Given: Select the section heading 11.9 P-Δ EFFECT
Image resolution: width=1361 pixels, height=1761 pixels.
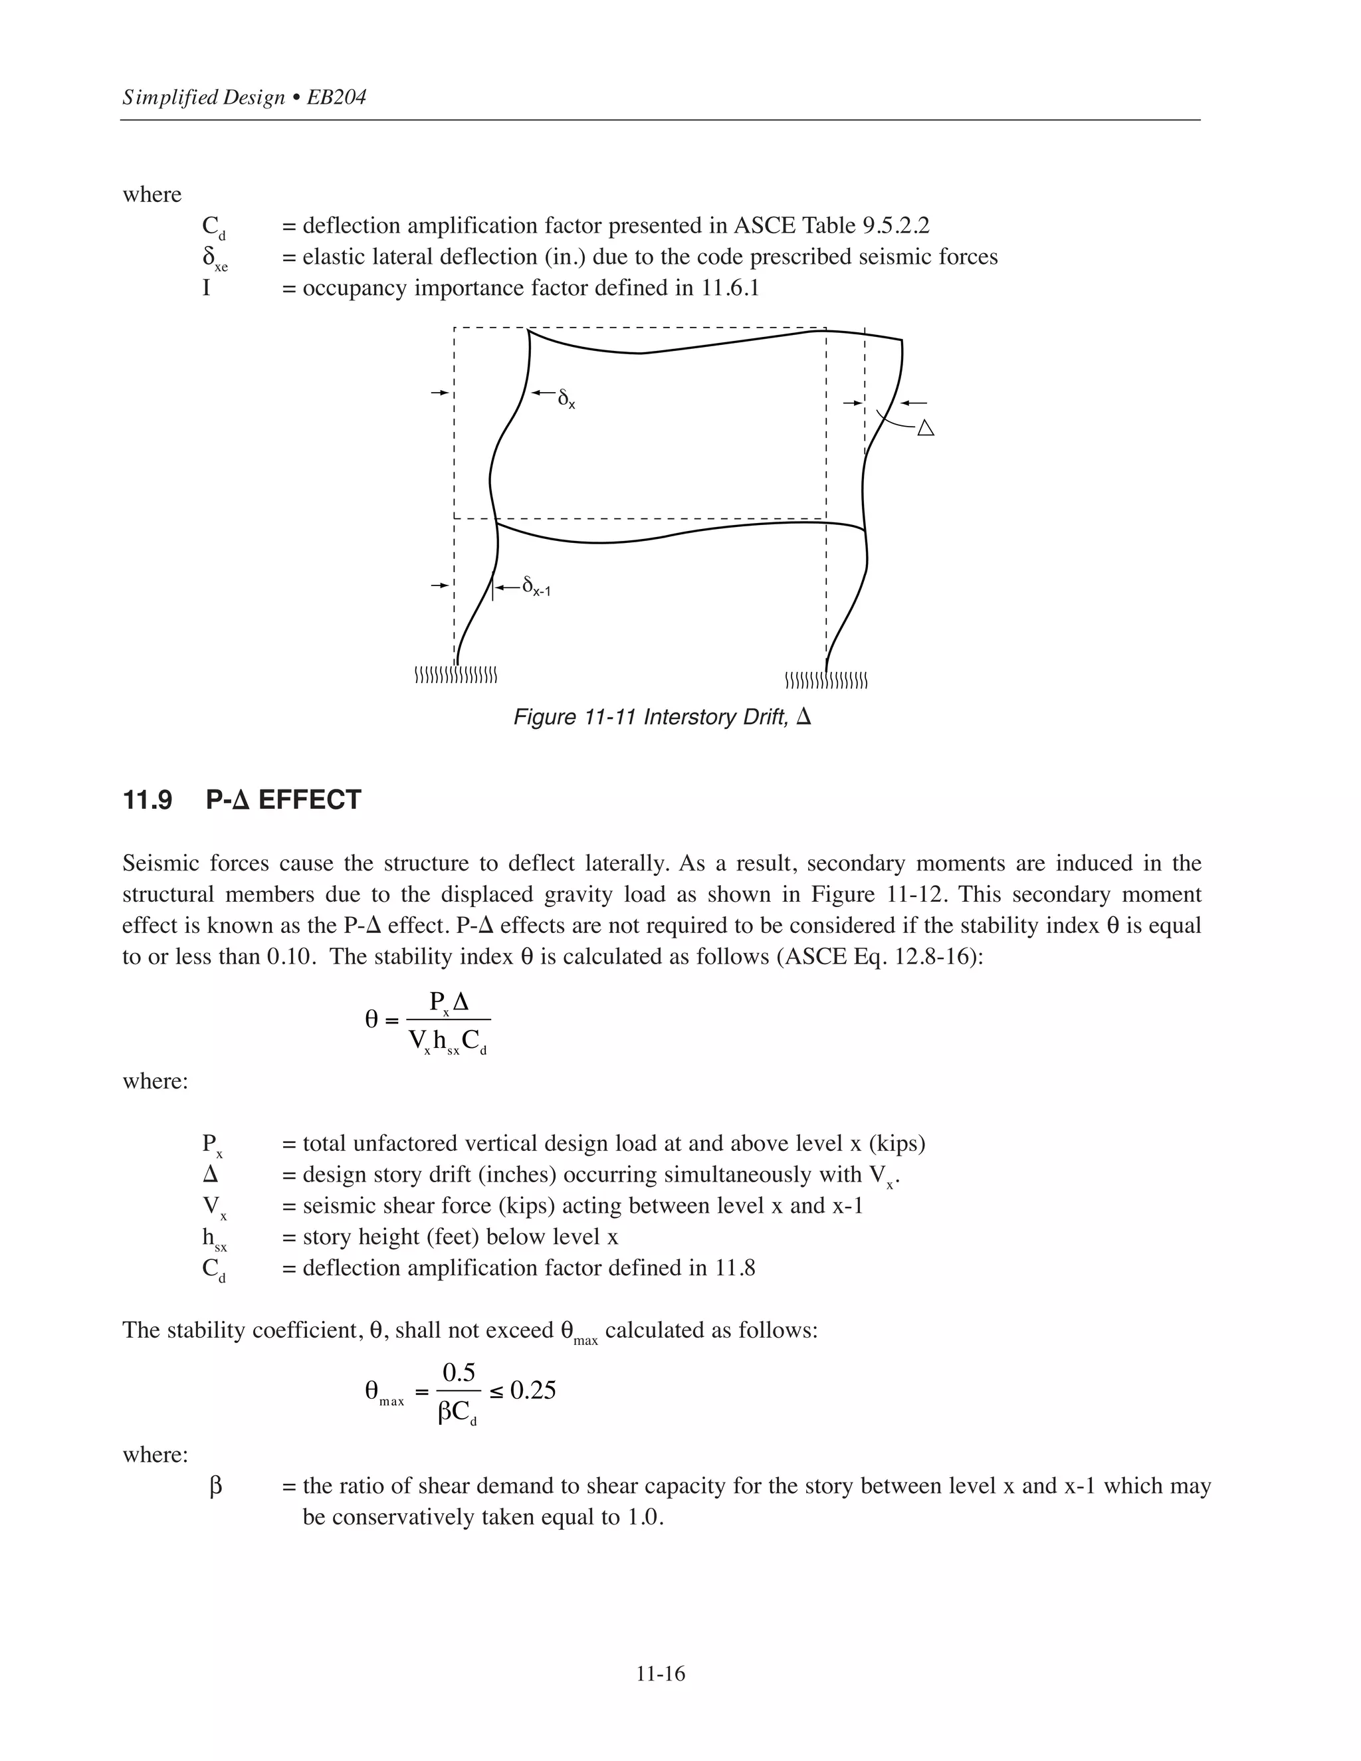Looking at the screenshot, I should point(242,800).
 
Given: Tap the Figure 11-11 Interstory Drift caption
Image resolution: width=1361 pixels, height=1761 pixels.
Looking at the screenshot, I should point(662,717).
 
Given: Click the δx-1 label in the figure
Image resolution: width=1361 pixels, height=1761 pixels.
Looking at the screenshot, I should point(536,586).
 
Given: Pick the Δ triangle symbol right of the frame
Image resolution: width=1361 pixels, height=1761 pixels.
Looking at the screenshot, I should point(926,428).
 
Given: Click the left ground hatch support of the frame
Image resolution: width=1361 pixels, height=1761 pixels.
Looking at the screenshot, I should point(455,675).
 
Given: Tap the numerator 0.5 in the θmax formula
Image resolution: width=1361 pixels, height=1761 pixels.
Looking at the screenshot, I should point(459,1372).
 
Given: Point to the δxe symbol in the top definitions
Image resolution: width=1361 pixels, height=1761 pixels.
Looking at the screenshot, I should point(214,259).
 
